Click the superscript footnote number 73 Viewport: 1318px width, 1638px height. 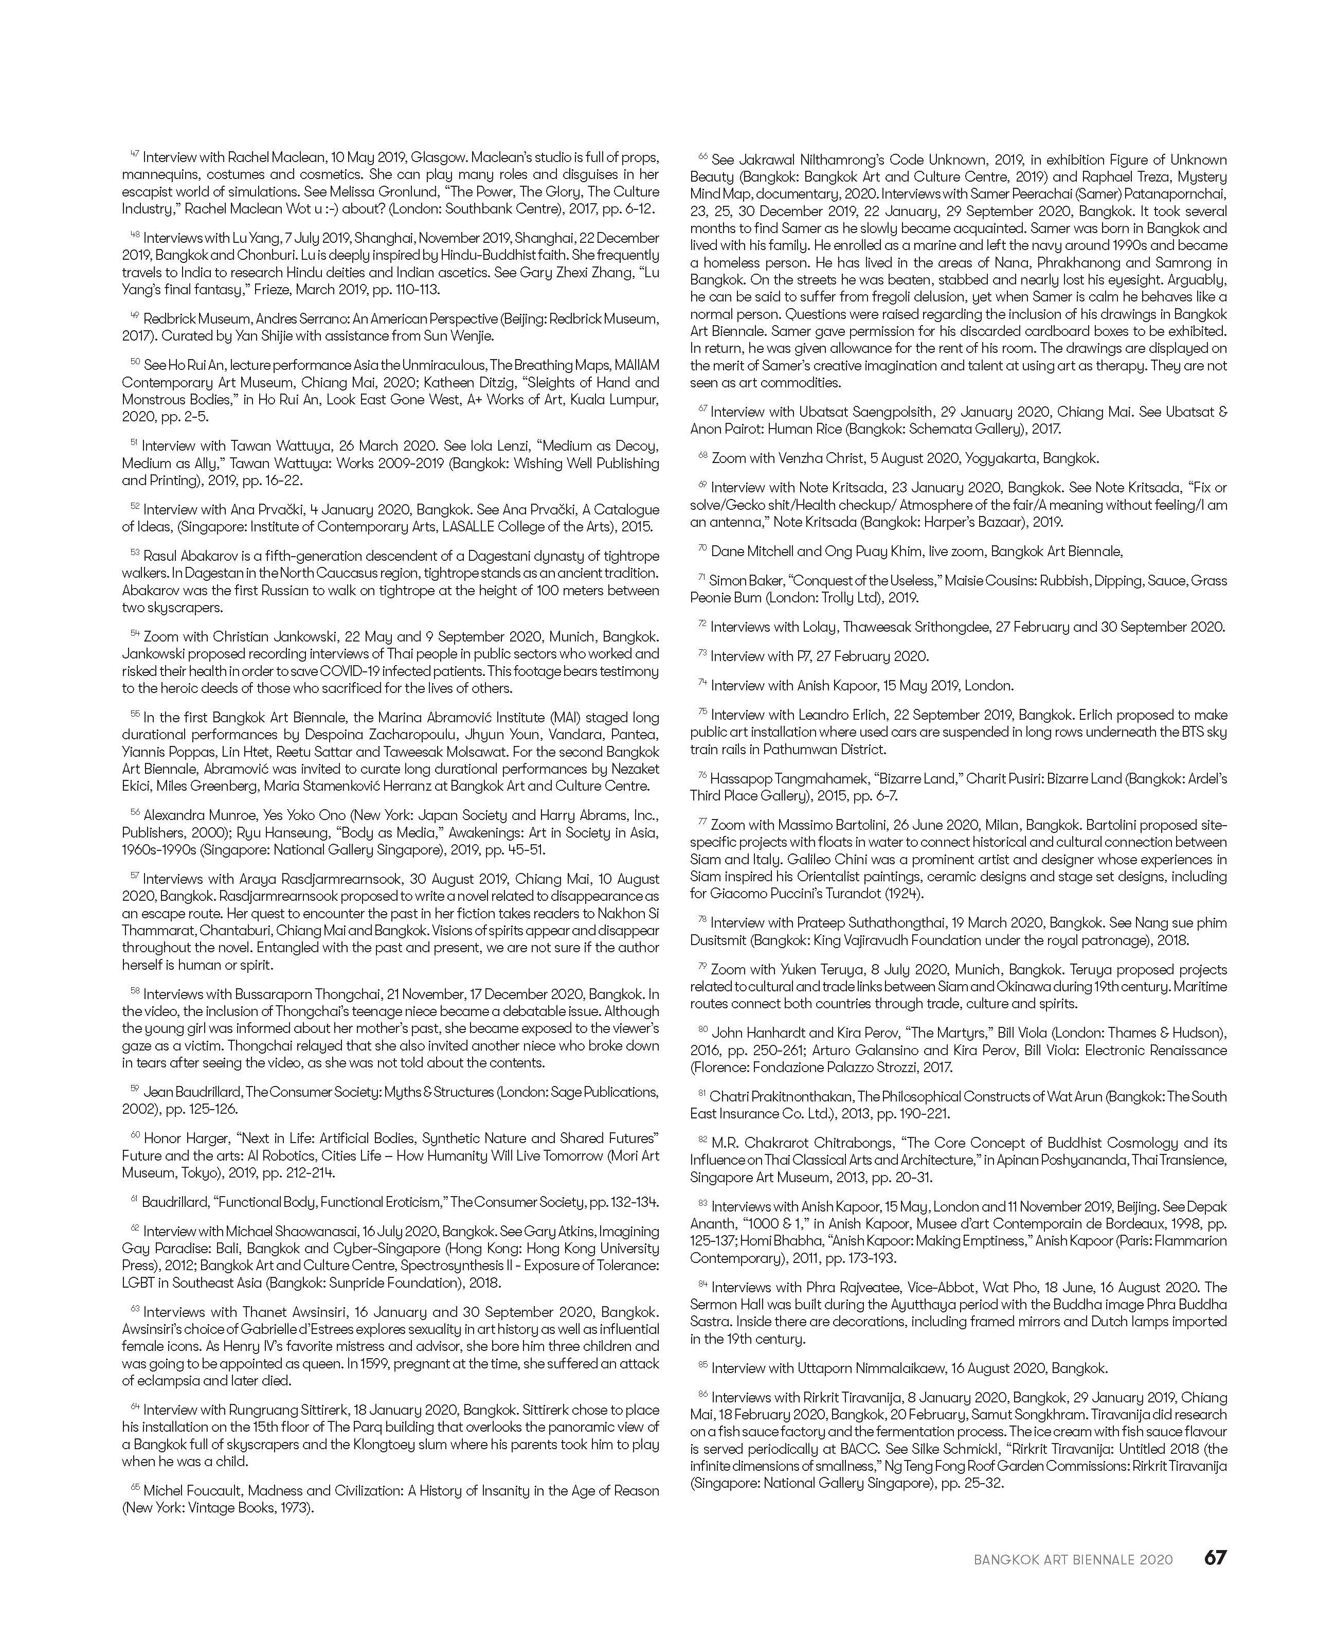[702, 653]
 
